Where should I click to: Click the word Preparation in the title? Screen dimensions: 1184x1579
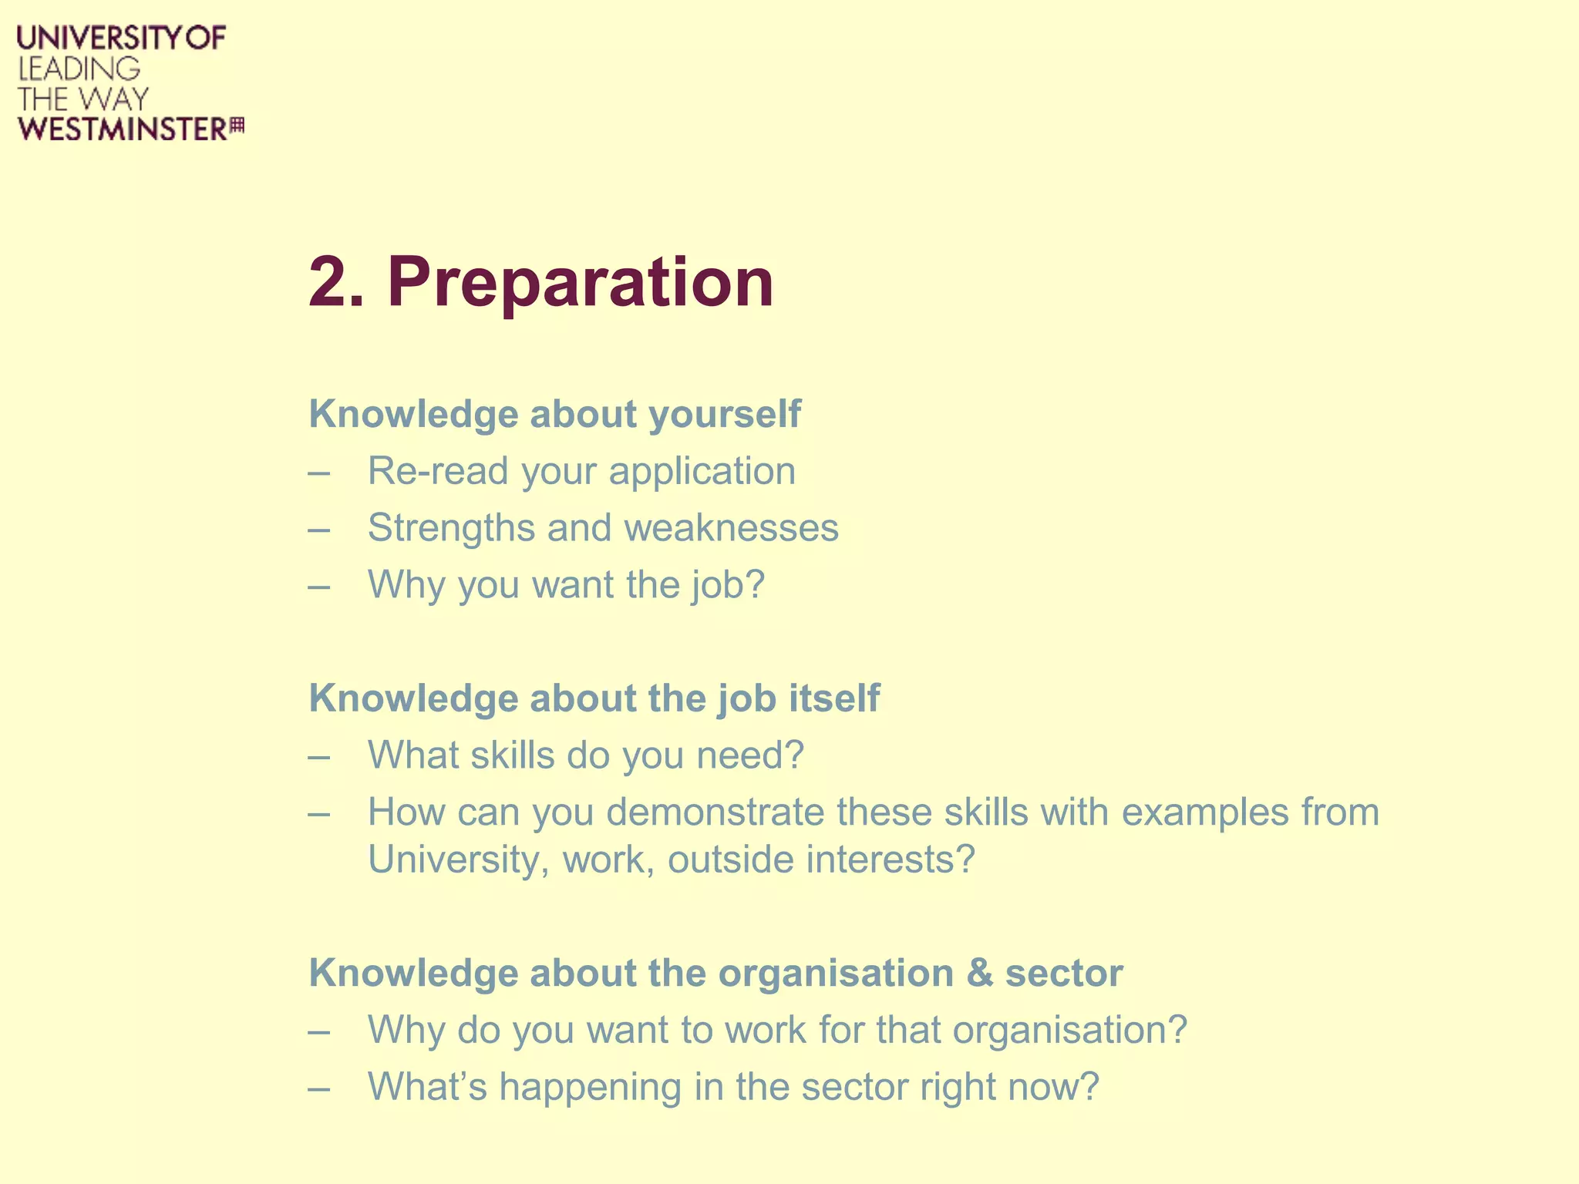580,282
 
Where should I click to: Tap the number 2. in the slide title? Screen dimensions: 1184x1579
336,282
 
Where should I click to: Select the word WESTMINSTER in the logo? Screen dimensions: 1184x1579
123,129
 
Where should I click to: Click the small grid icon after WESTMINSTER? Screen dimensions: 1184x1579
237,126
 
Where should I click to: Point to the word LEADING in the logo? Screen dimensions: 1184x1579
79,69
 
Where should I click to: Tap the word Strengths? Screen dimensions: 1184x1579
451,528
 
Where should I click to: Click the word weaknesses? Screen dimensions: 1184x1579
731,528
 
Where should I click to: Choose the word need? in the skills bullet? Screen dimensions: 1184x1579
750,755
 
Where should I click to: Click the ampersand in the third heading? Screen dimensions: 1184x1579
979,974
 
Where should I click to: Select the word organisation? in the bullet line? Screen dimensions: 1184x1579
1069,1031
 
